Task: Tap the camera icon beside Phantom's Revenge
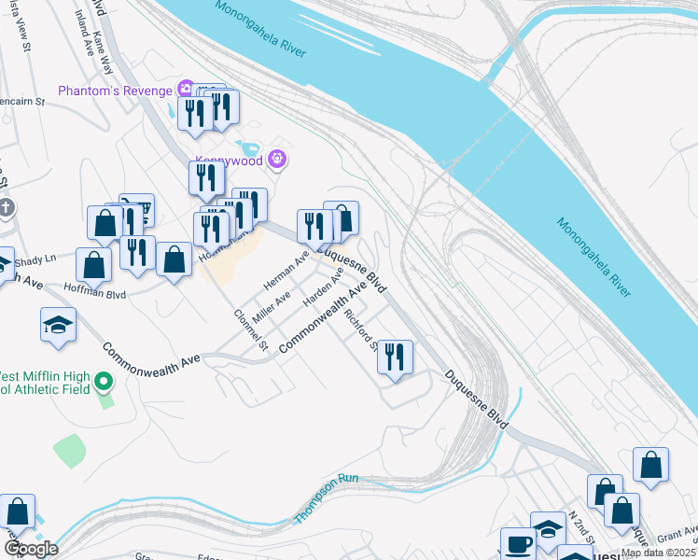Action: click(187, 90)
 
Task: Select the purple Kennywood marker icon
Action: click(276, 160)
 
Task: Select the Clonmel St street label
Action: click(251, 330)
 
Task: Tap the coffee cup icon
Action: click(518, 545)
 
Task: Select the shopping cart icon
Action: click(137, 211)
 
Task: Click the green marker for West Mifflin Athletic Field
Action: click(105, 383)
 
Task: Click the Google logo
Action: click(32, 549)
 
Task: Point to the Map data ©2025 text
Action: click(659, 553)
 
